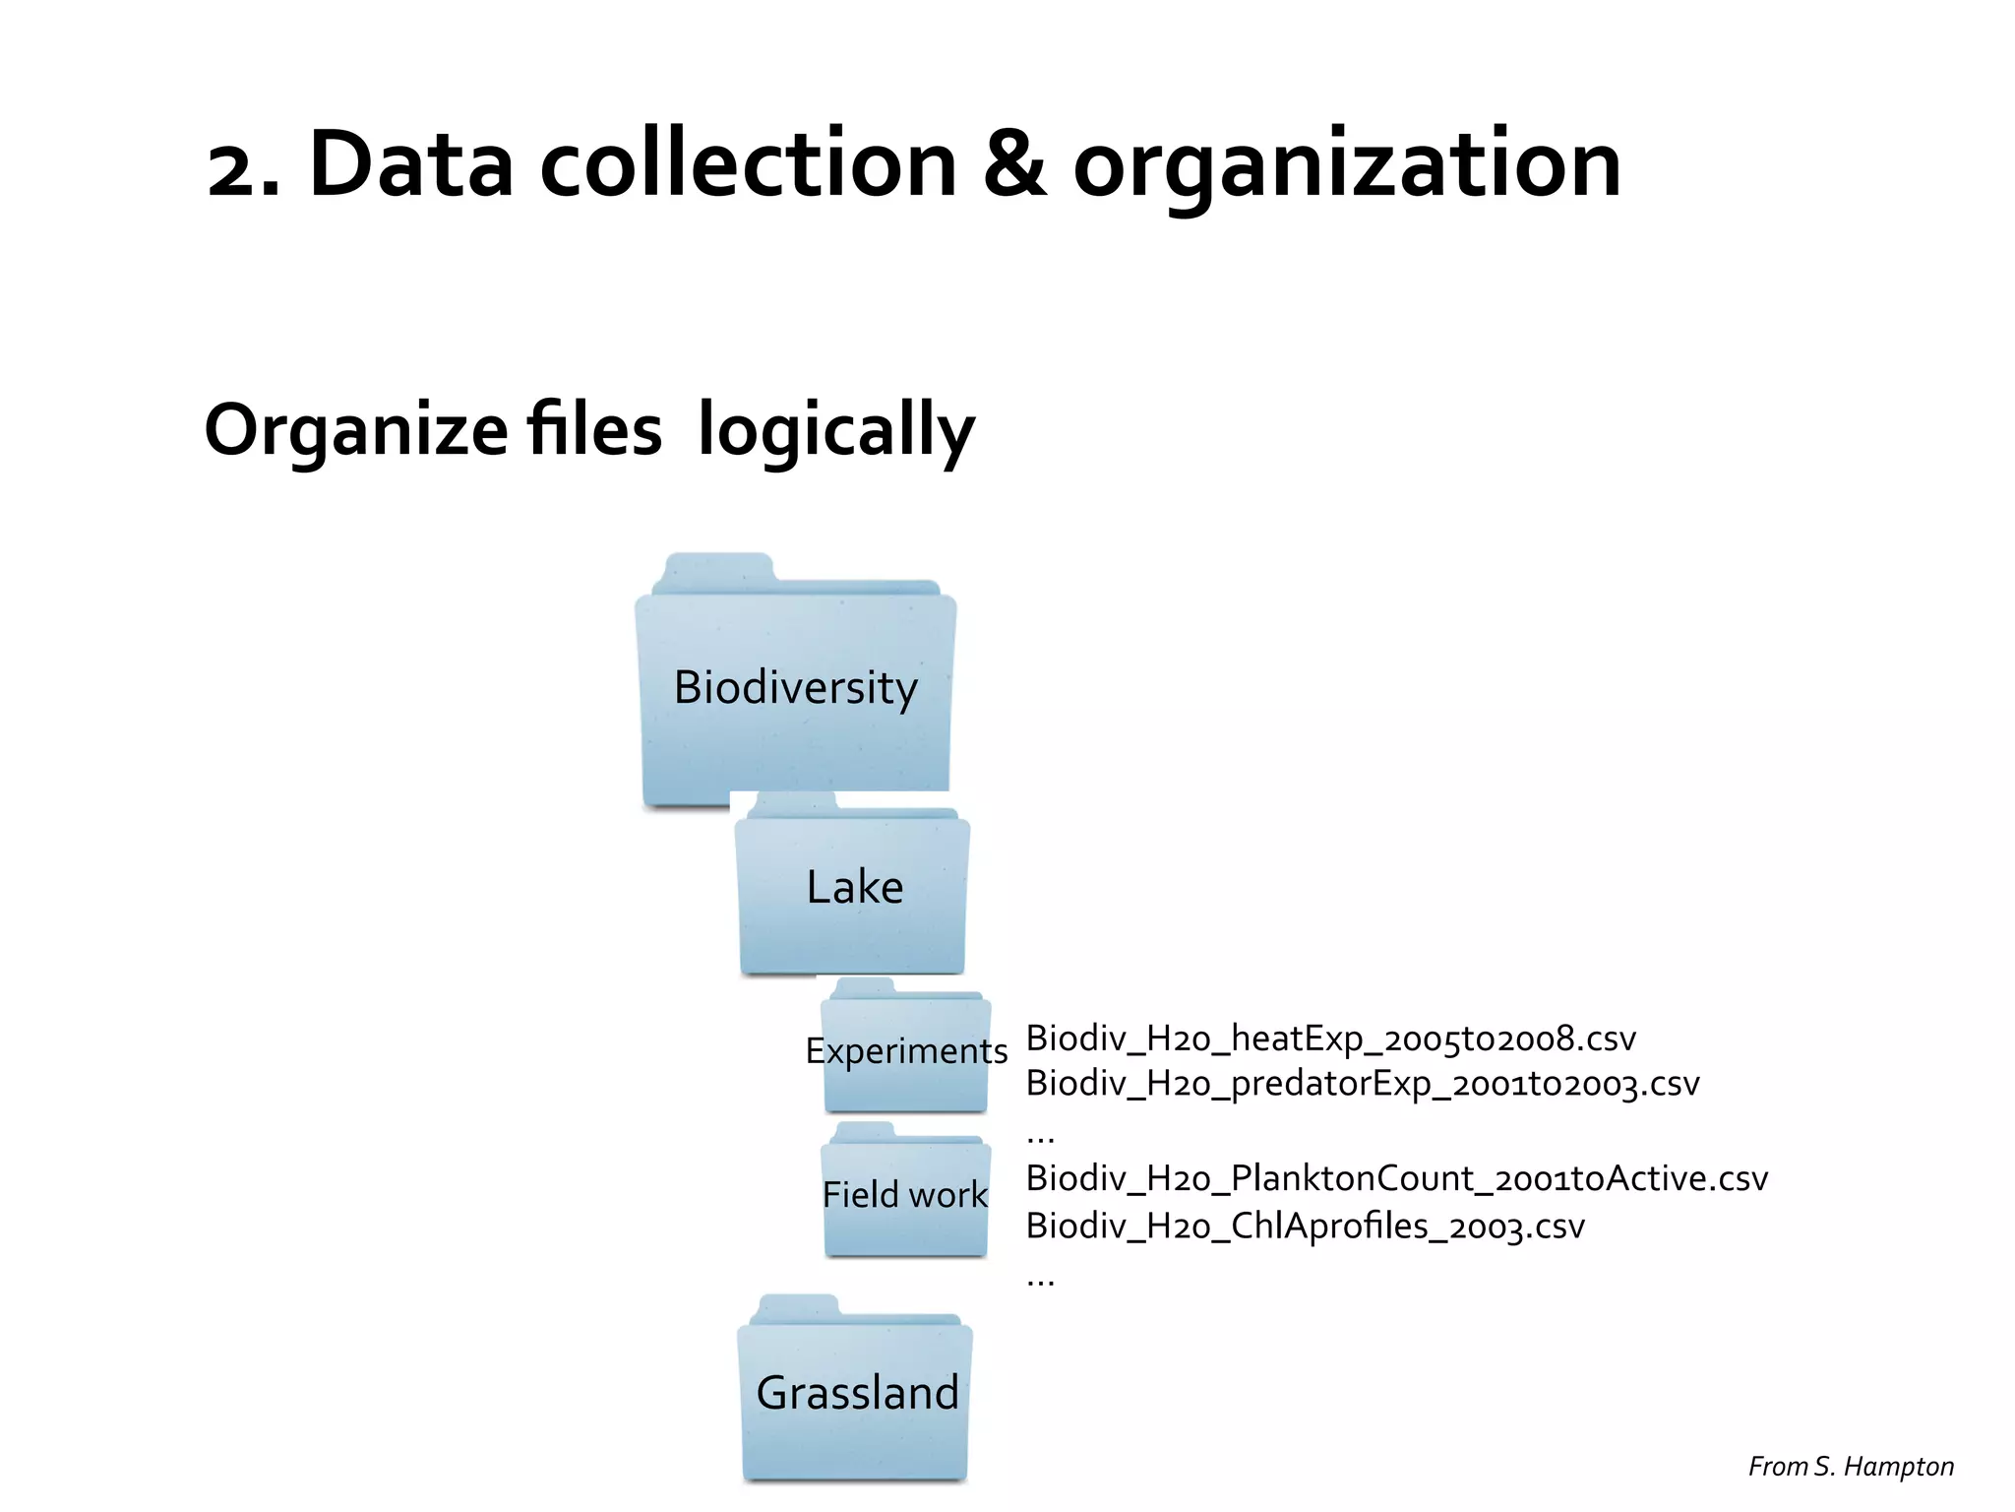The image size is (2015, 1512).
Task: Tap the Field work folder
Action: point(905,1194)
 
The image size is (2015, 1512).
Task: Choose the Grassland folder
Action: point(856,1393)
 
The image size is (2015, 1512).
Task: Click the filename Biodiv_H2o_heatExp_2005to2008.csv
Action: point(1330,1039)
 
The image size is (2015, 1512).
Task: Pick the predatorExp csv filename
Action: point(1363,1084)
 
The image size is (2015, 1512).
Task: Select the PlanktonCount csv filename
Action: point(1396,1178)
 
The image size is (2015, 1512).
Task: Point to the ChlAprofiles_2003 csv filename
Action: point(1305,1227)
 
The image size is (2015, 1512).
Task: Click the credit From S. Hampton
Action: point(1850,1467)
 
